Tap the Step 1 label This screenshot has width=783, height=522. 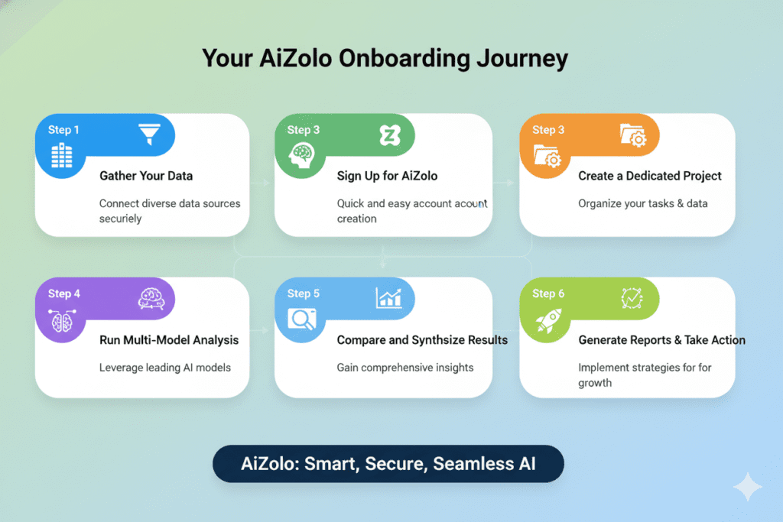[63, 130]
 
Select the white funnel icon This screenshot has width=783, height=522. [148, 135]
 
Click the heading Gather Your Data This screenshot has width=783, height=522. [146, 176]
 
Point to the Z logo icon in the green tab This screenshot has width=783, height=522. [389, 136]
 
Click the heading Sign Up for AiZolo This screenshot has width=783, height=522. [387, 176]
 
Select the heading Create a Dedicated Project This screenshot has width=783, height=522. [650, 176]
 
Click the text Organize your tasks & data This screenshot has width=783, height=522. [642, 203]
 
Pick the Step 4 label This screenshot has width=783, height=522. [64, 293]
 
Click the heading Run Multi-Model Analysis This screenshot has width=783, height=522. [169, 340]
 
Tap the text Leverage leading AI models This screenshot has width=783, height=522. [164, 368]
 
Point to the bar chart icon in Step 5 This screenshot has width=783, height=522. [388, 298]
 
